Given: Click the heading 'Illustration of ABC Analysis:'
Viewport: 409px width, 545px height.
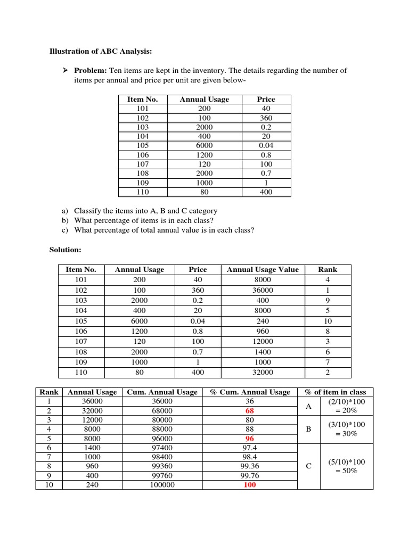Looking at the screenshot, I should (x=101, y=52).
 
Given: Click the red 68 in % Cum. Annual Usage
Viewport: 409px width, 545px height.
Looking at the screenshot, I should (x=250, y=411).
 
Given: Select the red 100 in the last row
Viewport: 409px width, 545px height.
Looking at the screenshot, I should (x=250, y=485).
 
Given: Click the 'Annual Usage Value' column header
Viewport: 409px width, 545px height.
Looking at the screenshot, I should (x=263, y=270).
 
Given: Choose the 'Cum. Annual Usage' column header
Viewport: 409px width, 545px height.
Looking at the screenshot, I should (x=162, y=392).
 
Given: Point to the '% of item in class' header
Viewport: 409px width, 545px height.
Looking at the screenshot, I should (x=335, y=392).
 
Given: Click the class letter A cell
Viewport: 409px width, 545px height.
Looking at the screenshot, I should (x=308, y=406).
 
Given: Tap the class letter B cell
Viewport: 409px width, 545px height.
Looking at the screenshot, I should (x=308, y=429).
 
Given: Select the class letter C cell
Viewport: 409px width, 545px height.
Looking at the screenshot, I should (x=308, y=466).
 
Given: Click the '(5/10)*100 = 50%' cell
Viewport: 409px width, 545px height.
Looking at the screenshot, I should (x=347, y=466).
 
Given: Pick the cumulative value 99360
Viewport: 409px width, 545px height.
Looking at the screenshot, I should (x=162, y=467).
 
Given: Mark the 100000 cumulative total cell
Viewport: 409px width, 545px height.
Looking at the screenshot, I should (x=162, y=485).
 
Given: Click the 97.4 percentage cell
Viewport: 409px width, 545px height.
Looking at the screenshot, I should (x=250, y=448).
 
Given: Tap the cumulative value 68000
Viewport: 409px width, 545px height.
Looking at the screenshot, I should (x=162, y=411).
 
